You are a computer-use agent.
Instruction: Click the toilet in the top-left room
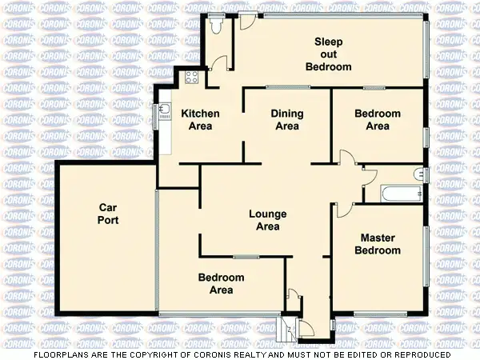[215, 25]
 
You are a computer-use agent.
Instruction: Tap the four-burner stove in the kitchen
[192, 78]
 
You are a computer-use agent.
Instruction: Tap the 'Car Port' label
[108, 214]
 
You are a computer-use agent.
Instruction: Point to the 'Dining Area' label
[287, 120]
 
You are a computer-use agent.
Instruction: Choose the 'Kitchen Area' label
[200, 120]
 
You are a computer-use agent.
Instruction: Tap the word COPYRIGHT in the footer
[159, 354]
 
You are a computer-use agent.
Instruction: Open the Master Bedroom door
[342, 210]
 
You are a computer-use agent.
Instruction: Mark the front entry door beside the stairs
[306, 327]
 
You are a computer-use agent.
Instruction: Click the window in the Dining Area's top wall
[282, 86]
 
